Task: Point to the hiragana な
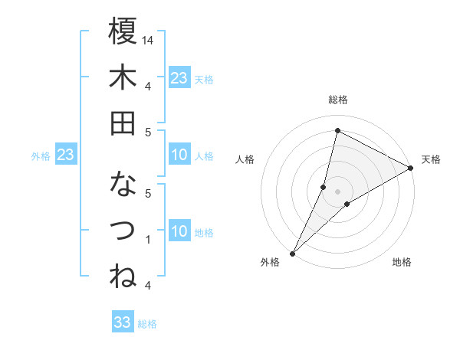pos(123,185)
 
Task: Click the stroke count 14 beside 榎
pos(149,40)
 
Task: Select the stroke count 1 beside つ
pos(149,240)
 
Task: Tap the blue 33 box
pos(123,322)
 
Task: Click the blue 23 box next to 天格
pos(179,77)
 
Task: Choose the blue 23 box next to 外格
pos(66,155)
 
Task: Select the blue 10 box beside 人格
pos(179,155)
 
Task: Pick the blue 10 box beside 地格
pos(179,232)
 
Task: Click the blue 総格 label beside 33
pos(148,324)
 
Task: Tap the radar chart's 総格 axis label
pos(337,100)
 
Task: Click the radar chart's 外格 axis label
pos(270,263)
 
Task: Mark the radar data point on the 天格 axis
pos(410,169)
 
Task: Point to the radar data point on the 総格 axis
pos(337,131)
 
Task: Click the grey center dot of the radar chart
pos(337,191)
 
